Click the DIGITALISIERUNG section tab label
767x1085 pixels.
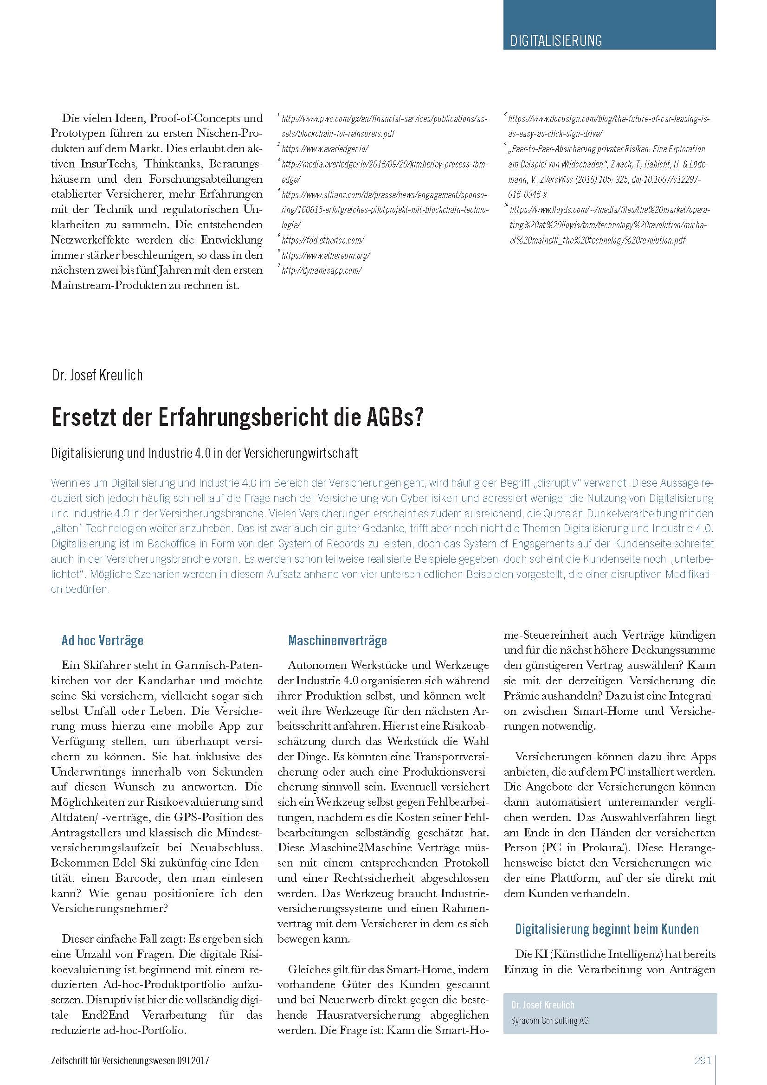point(556,41)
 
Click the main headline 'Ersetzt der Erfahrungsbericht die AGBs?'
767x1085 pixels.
point(237,418)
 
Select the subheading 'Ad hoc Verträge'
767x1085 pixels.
point(102,641)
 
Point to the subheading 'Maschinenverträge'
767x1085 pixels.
point(337,641)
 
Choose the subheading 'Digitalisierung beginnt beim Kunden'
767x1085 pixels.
point(606,929)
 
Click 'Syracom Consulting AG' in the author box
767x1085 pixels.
point(549,1021)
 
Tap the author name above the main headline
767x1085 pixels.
point(97,375)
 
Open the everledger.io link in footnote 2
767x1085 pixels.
point(325,149)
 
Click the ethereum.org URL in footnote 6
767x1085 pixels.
point(326,256)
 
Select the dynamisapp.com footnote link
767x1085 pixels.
point(322,271)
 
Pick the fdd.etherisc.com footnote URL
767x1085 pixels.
point(323,241)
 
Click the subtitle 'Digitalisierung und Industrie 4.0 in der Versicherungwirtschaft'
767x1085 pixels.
point(204,453)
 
